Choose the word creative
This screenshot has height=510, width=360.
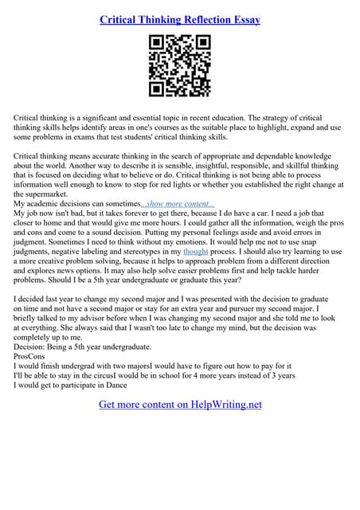coord(54,261)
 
